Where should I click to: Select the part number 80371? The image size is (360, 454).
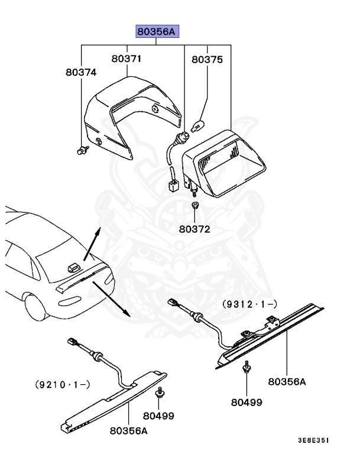coord(127,59)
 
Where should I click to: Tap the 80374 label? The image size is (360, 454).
coord(80,73)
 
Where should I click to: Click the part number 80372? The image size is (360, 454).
coord(194,228)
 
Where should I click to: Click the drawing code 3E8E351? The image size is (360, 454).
coord(313,440)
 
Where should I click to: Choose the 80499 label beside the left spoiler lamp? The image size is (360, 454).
coord(158,416)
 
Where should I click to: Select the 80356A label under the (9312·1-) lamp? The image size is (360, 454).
coord(287,381)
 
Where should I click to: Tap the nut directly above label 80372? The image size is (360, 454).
coord(194,206)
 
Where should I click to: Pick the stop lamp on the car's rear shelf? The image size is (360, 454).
coord(74,267)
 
